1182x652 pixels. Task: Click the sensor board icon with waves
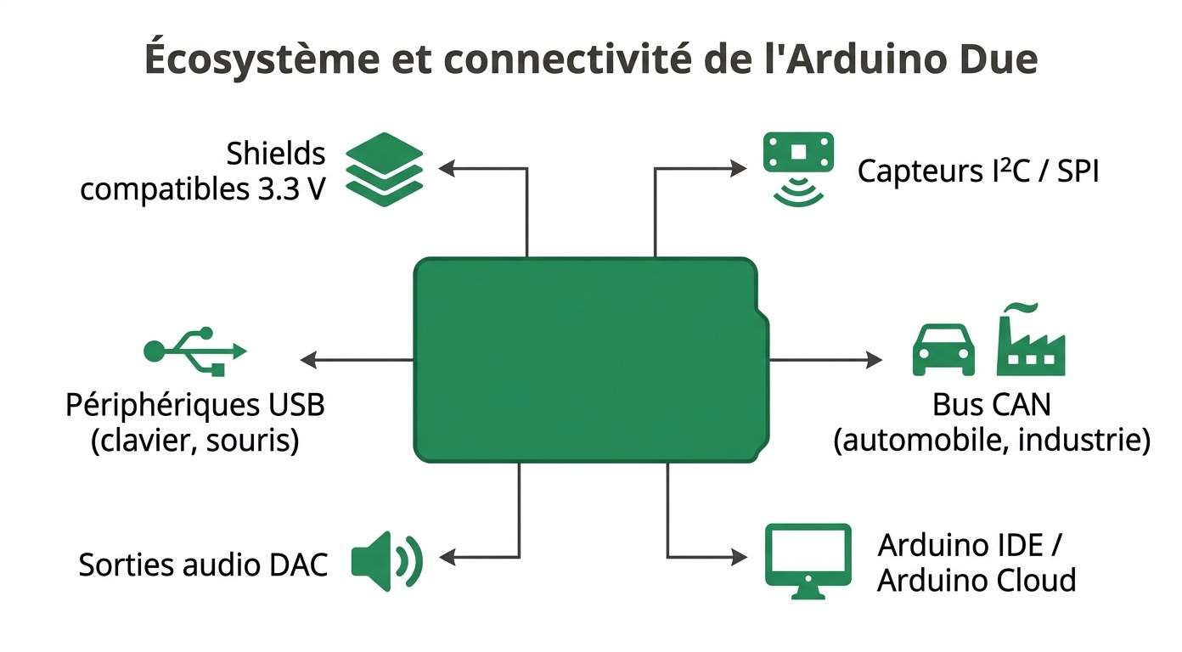pos(798,168)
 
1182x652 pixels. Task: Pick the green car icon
pos(943,349)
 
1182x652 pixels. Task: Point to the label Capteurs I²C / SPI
pos(977,171)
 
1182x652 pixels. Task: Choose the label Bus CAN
pos(991,404)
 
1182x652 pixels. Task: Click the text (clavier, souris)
pos(194,441)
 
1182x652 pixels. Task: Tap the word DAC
pos(301,565)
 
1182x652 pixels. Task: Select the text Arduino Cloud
pos(977,581)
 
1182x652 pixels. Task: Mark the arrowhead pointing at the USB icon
pos(307,360)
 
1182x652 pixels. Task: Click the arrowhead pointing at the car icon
pos(875,360)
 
